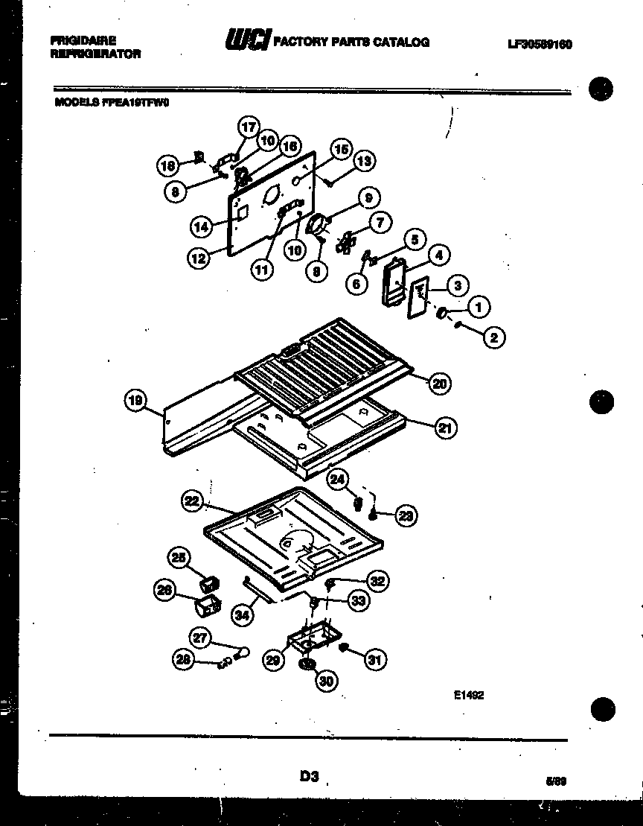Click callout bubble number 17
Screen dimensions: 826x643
tap(249, 127)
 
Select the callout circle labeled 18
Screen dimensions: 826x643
tap(168, 166)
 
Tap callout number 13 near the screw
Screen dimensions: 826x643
tap(363, 160)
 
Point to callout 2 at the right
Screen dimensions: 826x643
tap(493, 337)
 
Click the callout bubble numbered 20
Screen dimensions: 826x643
tap(439, 383)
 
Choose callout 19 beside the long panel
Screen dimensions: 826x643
tap(135, 401)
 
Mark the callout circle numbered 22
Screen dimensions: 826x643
tap(193, 502)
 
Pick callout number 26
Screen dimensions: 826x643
tap(164, 591)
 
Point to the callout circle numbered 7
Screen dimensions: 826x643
tap(380, 221)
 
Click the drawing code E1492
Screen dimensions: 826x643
tap(469, 696)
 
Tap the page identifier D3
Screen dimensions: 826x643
tap(310, 777)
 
